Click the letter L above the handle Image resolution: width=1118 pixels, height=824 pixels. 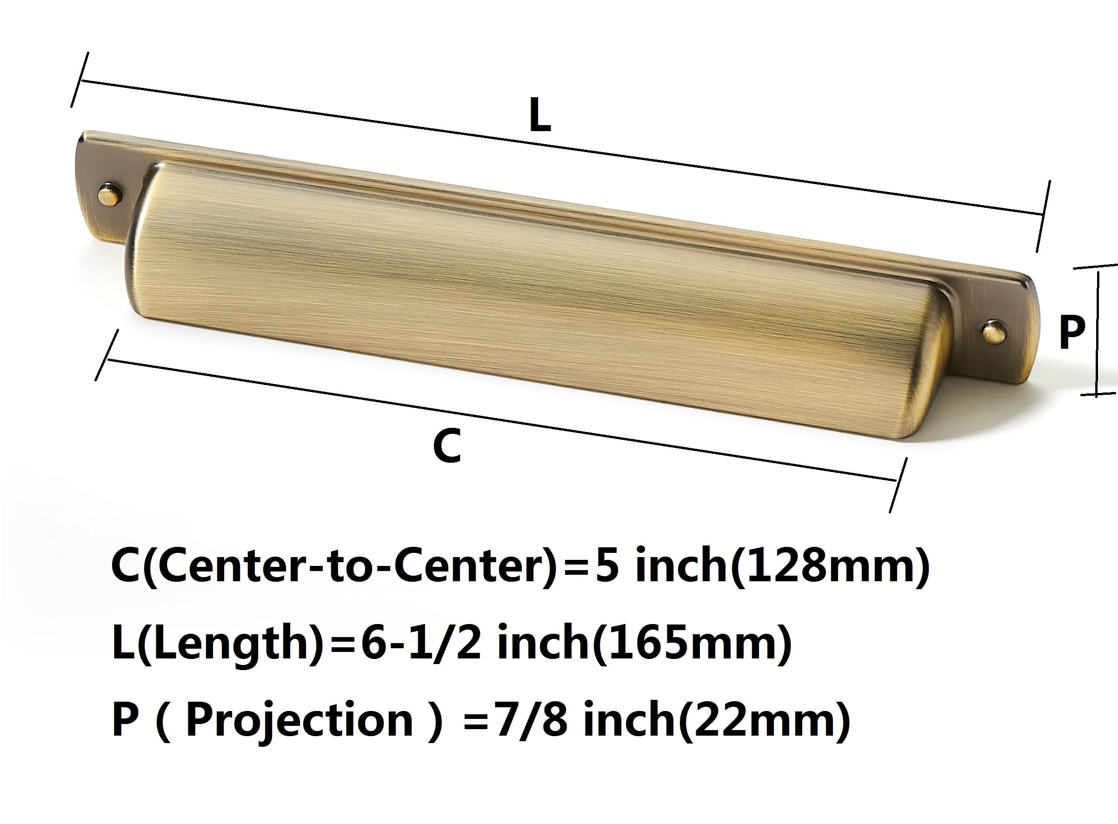[540, 116]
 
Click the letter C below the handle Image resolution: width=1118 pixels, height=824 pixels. [446, 446]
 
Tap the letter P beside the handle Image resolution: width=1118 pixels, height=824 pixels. [1071, 332]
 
